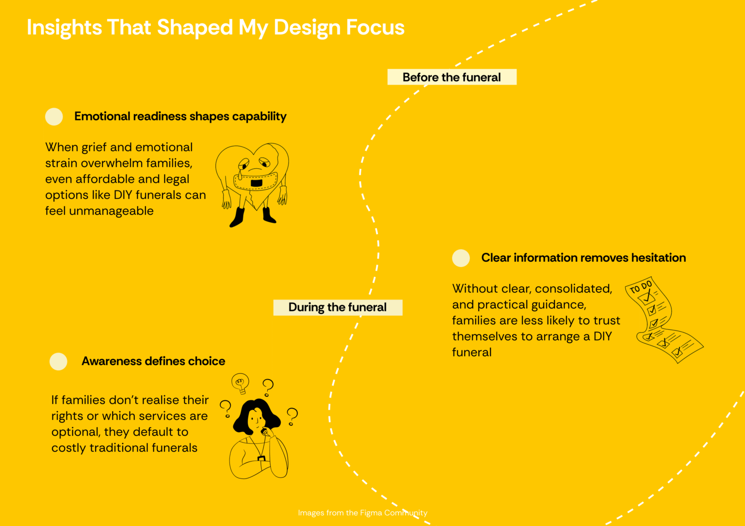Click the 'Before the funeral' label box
[452, 77]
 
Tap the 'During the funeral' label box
[338, 307]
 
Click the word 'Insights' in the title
[64, 28]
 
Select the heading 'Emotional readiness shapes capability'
[180, 116]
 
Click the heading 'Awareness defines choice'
[153, 361]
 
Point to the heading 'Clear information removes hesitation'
[583, 258]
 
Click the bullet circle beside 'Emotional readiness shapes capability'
[54, 117]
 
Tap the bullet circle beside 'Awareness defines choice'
[59, 362]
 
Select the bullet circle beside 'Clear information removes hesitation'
[461, 258]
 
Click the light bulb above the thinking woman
[241, 383]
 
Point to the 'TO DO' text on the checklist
[641, 287]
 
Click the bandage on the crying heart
[256, 182]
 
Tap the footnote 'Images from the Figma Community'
[362, 513]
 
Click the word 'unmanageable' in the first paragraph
[112, 211]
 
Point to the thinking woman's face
[257, 419]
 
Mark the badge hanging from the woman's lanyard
[262, 459]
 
